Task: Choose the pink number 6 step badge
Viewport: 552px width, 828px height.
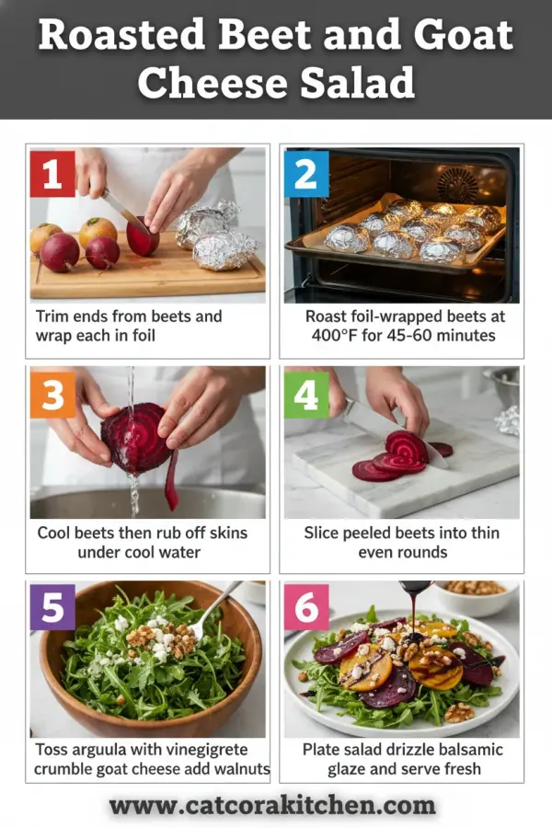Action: (x=305, y=607)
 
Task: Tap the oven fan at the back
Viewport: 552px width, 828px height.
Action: (x=456, y=184)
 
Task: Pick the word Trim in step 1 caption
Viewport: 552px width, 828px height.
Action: (x=54, y=316)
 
